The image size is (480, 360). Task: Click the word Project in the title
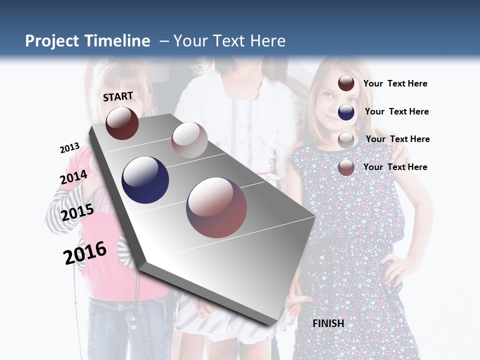coord(52,41)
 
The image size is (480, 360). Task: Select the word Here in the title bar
coord(267,41)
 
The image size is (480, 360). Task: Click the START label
coord(118,96)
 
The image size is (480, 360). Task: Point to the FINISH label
coord(328,323)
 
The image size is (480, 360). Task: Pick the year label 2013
coord(69,148)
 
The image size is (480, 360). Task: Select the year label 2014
coord(74,177)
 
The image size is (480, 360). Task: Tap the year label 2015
coord(77,212)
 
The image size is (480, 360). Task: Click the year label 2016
coord(85,253)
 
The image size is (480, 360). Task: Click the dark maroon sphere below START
coord(122,123)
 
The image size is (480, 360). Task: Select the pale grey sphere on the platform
coord(189,140)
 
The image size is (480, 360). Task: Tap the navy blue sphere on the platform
coord(145,180)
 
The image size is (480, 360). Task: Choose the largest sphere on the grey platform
coord(216,207)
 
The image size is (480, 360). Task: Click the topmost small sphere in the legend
coord(346,83)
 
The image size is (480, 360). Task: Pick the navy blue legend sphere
coord(346,112)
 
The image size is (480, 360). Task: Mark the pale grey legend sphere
coord(346,140)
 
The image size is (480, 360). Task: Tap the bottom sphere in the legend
coord(346,167)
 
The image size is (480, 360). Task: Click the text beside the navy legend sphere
coord(396,111)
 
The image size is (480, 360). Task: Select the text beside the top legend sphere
coord(395,83)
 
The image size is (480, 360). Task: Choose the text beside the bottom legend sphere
coord(395,167)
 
